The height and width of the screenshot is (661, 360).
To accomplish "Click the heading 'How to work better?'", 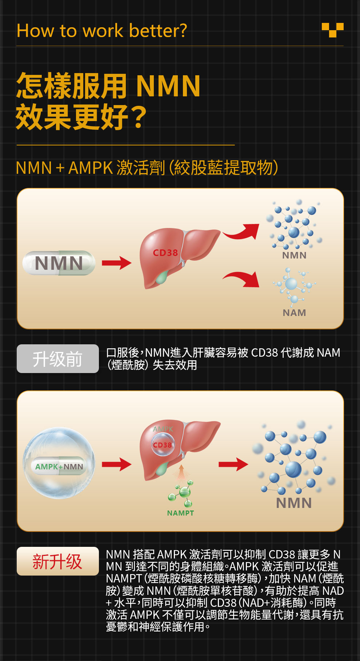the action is point(102,31).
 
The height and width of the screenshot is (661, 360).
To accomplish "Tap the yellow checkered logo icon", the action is point(332,30).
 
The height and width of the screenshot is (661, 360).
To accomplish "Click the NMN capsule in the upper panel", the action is point(59,263).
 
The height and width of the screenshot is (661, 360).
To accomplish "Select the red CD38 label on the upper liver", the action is point(165,253).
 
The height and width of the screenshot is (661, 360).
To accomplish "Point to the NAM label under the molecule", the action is point(294,313).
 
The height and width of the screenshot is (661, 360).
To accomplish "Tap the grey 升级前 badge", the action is point(57,359).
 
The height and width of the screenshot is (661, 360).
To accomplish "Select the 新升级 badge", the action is point(57,561).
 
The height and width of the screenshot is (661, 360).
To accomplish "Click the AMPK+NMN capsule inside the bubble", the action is point(59,466).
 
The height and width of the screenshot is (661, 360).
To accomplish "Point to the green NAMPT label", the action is point(180,513).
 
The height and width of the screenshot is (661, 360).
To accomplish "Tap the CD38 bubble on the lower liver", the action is point(163,445).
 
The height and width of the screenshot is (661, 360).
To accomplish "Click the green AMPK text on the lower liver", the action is point(163,429).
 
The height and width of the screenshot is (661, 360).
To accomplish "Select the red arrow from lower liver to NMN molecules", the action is point(233,464).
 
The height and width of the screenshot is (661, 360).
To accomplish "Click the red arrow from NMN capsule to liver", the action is point(116,263).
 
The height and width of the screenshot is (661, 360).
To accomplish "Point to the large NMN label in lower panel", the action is point(294,503).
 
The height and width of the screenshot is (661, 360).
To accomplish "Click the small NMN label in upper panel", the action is point(294,255).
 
